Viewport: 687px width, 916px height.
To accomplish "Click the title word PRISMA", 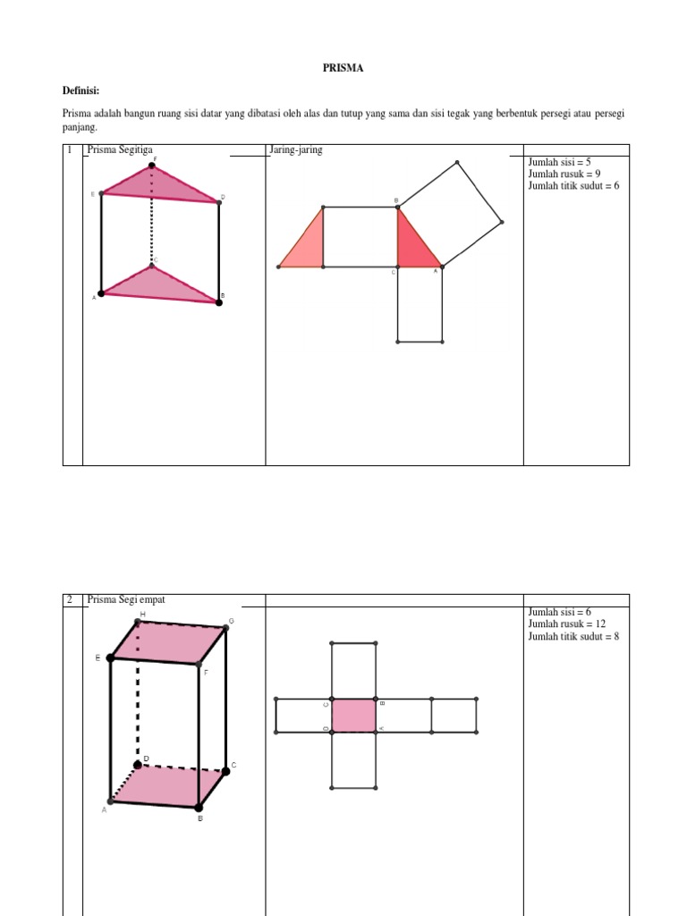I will tap(343, 68).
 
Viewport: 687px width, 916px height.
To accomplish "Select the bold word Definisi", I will tap(81, 90).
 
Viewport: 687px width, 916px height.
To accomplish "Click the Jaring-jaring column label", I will tap(296, 150).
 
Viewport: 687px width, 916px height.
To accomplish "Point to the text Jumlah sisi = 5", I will tap(560, 162).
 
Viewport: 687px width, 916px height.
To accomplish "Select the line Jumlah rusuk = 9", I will tap(564, 174).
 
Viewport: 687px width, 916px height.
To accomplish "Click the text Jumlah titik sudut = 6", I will tap(573, 185).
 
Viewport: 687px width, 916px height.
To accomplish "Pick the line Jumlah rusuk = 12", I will tap(567, 623).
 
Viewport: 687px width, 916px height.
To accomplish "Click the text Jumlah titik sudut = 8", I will tap(573, 636).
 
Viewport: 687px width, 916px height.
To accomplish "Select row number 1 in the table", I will tap(70, 150).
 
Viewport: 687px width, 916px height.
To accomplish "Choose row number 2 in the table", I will tap(70, 599).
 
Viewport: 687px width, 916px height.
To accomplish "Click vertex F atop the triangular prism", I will tap(153, 165).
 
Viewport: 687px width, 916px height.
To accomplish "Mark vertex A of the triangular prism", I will tap(101, 293).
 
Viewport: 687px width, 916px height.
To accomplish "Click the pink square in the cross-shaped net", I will tap(353, 716).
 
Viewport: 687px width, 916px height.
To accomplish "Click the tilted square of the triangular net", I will tap(450, 214).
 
